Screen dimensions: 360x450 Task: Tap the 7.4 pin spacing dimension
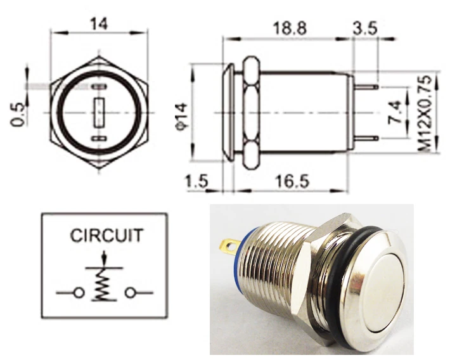pyautogui.click(x=394, y=112)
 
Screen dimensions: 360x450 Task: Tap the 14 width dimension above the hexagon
pyautogui.click(x=98, y=24)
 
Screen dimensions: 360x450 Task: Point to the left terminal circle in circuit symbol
pyautogui.click(x=79, y=293)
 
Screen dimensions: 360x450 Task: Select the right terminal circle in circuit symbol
pyautogui.click(x=131, y=293)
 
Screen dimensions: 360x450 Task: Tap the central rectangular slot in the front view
pyautogui.click(x=98, y=112)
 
